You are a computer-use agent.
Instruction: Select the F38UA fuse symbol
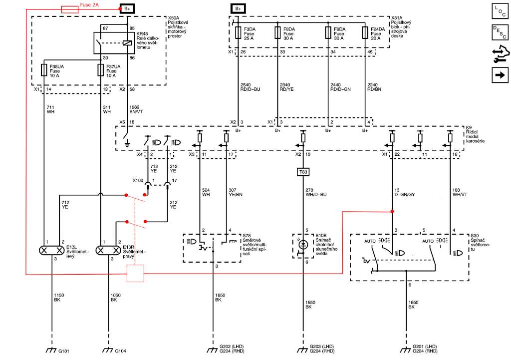44,69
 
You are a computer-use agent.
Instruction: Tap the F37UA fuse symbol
101,69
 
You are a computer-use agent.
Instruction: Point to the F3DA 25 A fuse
238,32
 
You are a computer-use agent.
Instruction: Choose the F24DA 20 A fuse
364,32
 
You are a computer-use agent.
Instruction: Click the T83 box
303,172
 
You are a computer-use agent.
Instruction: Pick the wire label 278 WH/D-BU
316,192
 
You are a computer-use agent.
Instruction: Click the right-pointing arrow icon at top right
500,75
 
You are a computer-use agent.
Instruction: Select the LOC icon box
500,11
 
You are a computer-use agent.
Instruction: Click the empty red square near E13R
135,274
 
